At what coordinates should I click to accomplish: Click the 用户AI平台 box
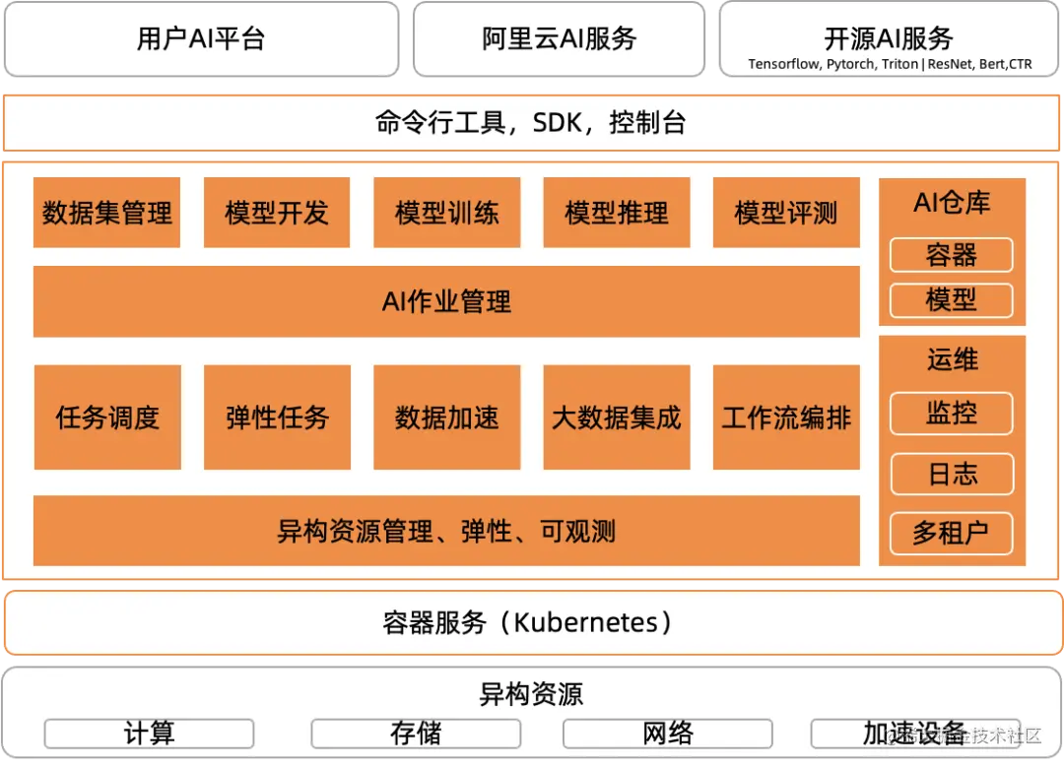click(x=201, y=39)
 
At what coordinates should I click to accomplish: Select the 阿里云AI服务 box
click(x=560, y=39)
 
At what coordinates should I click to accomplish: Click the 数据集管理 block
click(x=107, y=213)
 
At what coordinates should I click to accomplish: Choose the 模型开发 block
click(x=277, y=213)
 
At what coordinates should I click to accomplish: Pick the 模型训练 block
click(x=446, y=213)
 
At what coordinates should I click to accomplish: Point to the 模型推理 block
click(x=617, y=213)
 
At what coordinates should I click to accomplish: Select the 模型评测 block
click(x=786, y=213)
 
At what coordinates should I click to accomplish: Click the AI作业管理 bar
click(x=446, y=301)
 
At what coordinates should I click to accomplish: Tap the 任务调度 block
click(x=107, y=417)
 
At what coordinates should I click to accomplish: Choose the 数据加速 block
click(x=446, y=417)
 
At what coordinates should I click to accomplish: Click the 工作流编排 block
click(x=786, y=417)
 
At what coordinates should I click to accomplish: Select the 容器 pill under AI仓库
click(x=952, y=256)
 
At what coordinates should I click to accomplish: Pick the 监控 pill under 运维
click(x=952, y=414)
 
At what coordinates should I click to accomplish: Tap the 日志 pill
click(x=952, y=475)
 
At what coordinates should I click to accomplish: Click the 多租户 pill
click(x=952, y=534)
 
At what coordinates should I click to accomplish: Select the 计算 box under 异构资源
click(x=149, y=734)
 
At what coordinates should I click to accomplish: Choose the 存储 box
click(x=416, y=734)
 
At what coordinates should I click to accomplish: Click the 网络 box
click(x=668, y=734)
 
